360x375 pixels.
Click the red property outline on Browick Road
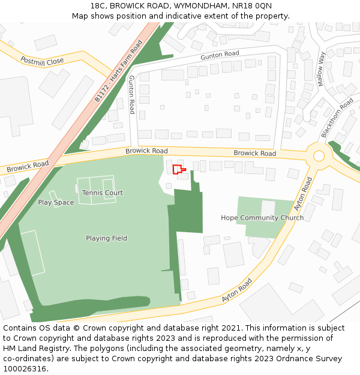tap(179, 170)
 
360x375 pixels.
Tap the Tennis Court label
tap(103, 193)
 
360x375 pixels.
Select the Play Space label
tap(56, 202)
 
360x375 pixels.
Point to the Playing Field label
tap(106, 238)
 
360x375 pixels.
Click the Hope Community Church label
tap(262, 218)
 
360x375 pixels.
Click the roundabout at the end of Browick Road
tap(319, 156)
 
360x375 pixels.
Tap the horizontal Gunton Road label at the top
tap(220, 55)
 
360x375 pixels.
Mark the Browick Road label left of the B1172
tap(28, 166)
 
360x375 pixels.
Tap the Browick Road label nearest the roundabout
tap(254, 154)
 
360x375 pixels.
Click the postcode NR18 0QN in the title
tap(251, 5)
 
